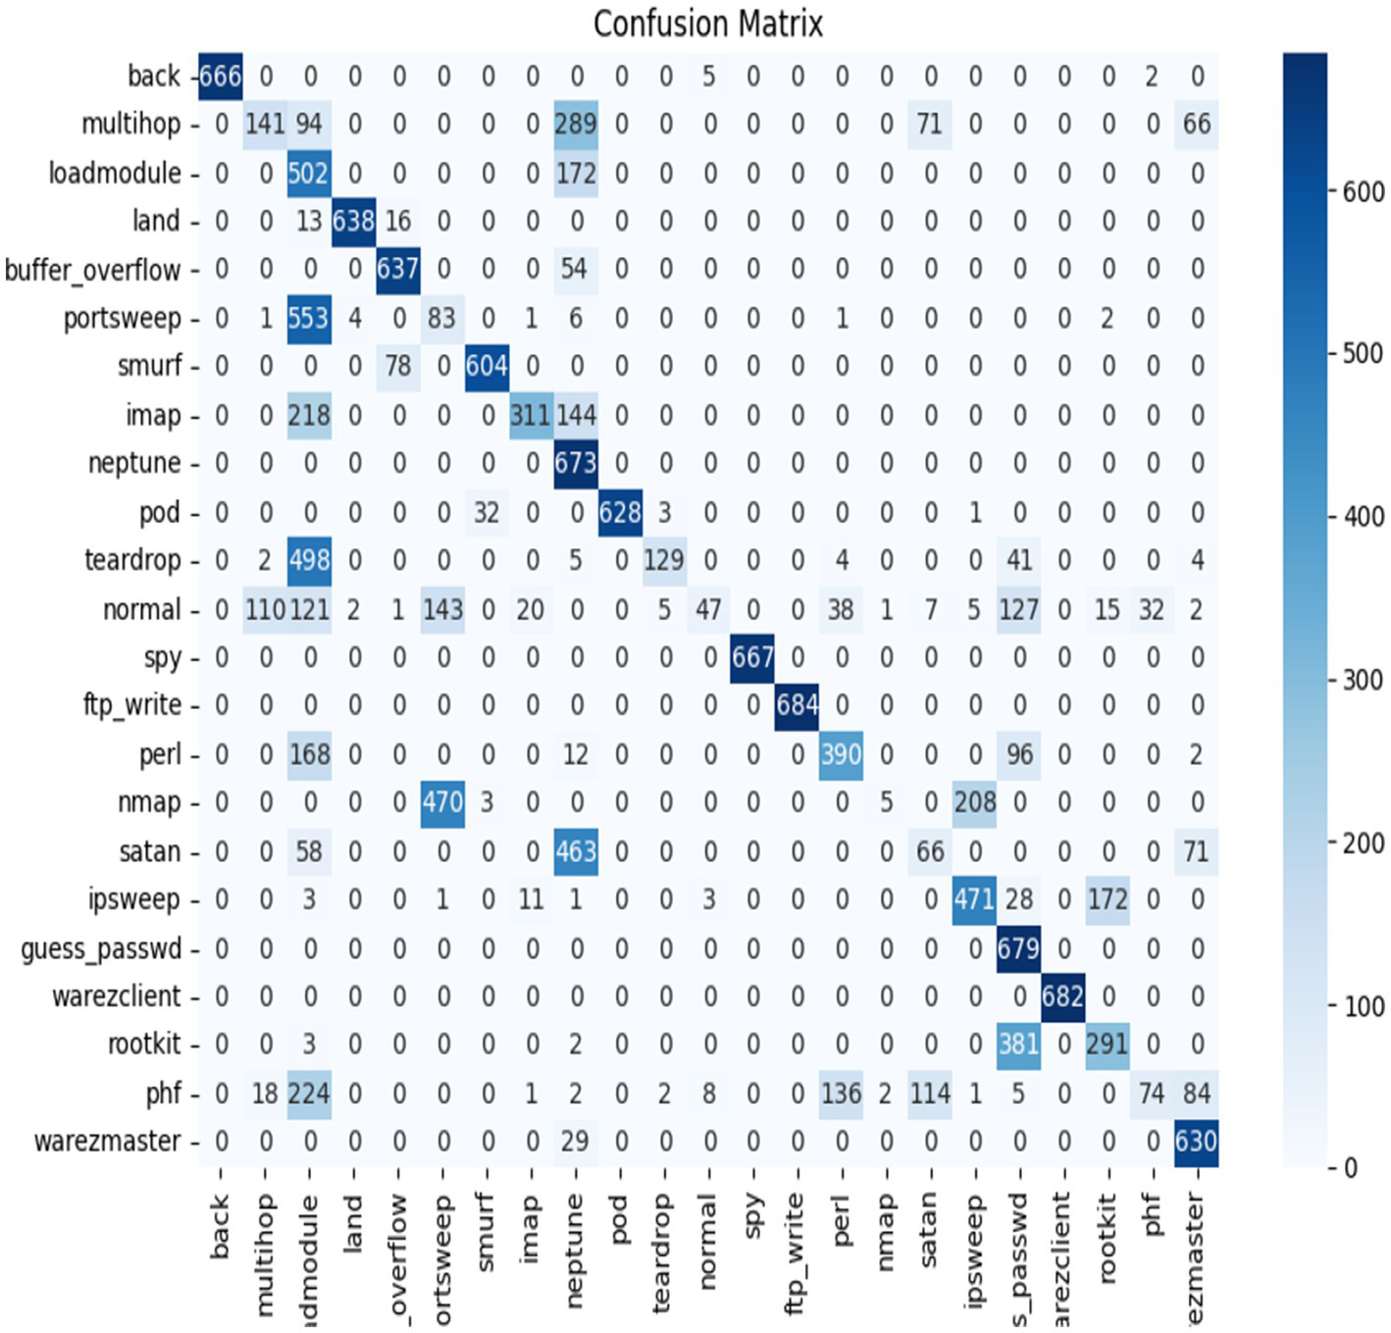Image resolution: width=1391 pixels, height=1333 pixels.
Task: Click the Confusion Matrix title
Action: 707,23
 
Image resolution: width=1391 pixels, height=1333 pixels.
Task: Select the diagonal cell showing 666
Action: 221,76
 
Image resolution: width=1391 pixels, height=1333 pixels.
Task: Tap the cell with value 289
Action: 576,125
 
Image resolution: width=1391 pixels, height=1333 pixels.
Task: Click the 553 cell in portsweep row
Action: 309,318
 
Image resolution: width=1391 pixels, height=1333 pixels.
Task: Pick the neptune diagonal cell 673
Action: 576,463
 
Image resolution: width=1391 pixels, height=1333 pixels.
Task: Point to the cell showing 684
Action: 798,705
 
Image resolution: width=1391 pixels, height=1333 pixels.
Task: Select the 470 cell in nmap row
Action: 442,802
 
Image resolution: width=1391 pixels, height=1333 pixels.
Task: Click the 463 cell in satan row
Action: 576,850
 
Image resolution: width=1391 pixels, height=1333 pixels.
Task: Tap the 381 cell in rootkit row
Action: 1019,1044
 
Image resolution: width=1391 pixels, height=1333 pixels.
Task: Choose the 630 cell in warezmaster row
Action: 1196,1141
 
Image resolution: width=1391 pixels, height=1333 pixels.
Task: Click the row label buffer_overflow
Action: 93,270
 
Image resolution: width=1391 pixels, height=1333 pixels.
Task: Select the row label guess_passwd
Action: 102,948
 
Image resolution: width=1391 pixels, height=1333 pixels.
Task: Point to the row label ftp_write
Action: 132,705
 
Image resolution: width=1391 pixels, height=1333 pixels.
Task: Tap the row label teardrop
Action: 132,560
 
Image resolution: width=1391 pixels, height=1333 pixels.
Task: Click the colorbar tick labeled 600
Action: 1363,191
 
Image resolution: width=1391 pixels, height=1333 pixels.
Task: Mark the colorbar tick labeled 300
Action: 1363,680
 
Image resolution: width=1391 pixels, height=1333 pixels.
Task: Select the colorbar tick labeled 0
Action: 1351,1167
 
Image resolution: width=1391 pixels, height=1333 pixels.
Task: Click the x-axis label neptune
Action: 576,1250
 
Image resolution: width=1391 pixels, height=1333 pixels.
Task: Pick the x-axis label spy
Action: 753,1215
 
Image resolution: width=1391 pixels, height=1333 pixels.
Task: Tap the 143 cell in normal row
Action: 442,609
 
